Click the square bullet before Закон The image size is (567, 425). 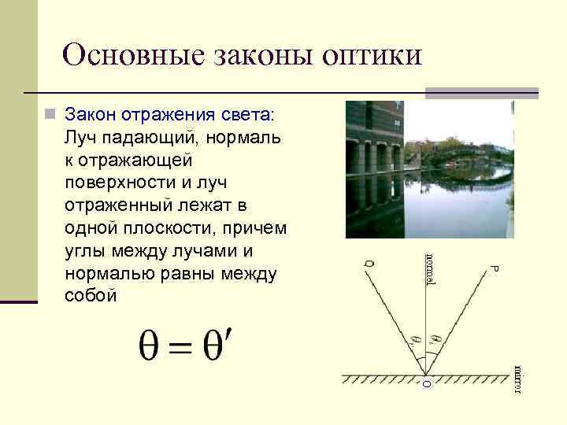[50, 115]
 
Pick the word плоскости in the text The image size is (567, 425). [176, 228]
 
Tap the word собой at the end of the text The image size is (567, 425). [91, 296]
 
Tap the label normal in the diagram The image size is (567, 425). [430, 271]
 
